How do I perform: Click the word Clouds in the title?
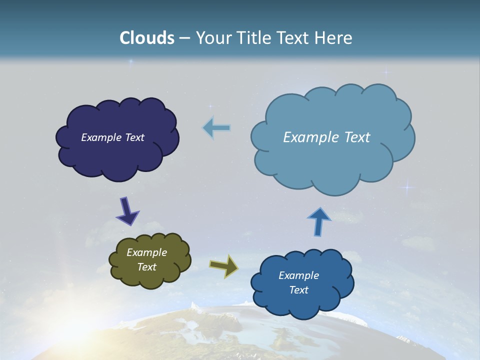coord(147,38)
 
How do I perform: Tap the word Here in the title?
coord(333,38)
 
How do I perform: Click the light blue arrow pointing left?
coord(216,128)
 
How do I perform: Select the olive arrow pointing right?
coord(224,265)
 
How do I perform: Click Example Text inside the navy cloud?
coord(112,137)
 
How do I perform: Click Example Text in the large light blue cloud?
coord(326,137)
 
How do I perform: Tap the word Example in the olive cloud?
coord(146,252)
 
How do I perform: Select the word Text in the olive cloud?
coord(146,267)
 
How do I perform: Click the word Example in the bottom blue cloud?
coord(298,275)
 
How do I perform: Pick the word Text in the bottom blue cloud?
coord(298,290)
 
